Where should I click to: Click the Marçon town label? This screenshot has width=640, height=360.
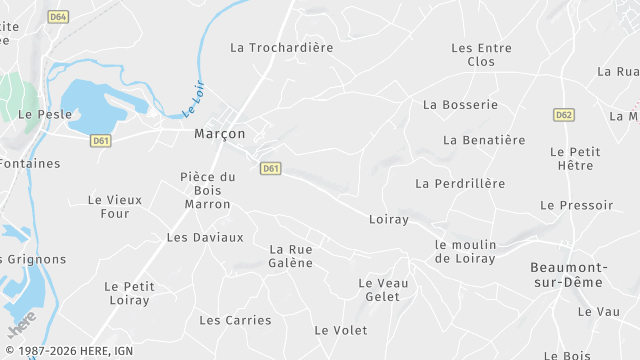[219, 133]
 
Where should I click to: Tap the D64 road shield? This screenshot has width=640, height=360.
[59, 17]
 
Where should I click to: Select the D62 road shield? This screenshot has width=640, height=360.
[564, 115]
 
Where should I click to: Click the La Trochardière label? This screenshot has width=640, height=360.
[281, 47]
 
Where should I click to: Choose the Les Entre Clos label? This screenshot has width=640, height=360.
[481, 54]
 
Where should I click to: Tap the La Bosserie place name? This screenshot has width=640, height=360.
[460, 104]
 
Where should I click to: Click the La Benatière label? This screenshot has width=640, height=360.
[484, 140]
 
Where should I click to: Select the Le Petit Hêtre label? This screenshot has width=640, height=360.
[575, 159]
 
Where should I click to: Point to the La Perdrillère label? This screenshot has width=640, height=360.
[460, 184]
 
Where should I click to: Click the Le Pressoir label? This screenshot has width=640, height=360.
[576, 205]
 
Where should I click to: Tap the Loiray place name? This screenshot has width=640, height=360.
[389, 219]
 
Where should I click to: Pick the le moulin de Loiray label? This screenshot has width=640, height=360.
[465, 251]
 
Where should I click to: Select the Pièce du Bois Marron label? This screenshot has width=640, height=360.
[207, 190]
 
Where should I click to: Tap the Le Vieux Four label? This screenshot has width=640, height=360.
[115, 206]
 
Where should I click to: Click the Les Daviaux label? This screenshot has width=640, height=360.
[205, 238]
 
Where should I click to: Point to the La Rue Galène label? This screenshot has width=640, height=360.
[291, 256]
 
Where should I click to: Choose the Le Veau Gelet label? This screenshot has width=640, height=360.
[383, 289]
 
